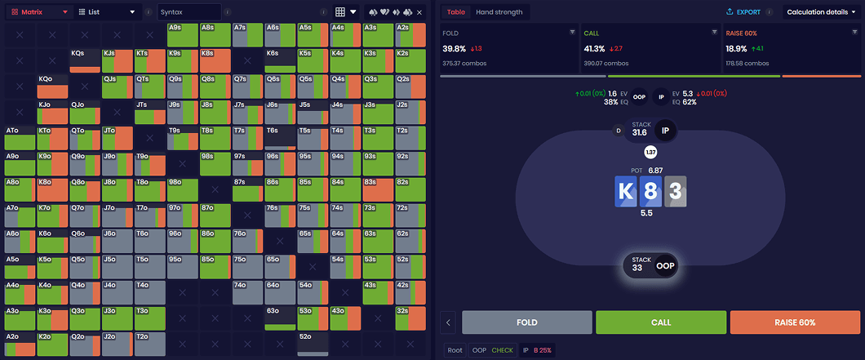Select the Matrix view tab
point(38,12)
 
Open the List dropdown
point(106,12)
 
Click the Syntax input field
point(189,12)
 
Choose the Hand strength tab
point(499,12)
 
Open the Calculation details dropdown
point(821,12)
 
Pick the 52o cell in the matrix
point(313,344)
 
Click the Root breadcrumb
point(455,350)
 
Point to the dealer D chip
point(618,131)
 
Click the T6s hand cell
point(280,138)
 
